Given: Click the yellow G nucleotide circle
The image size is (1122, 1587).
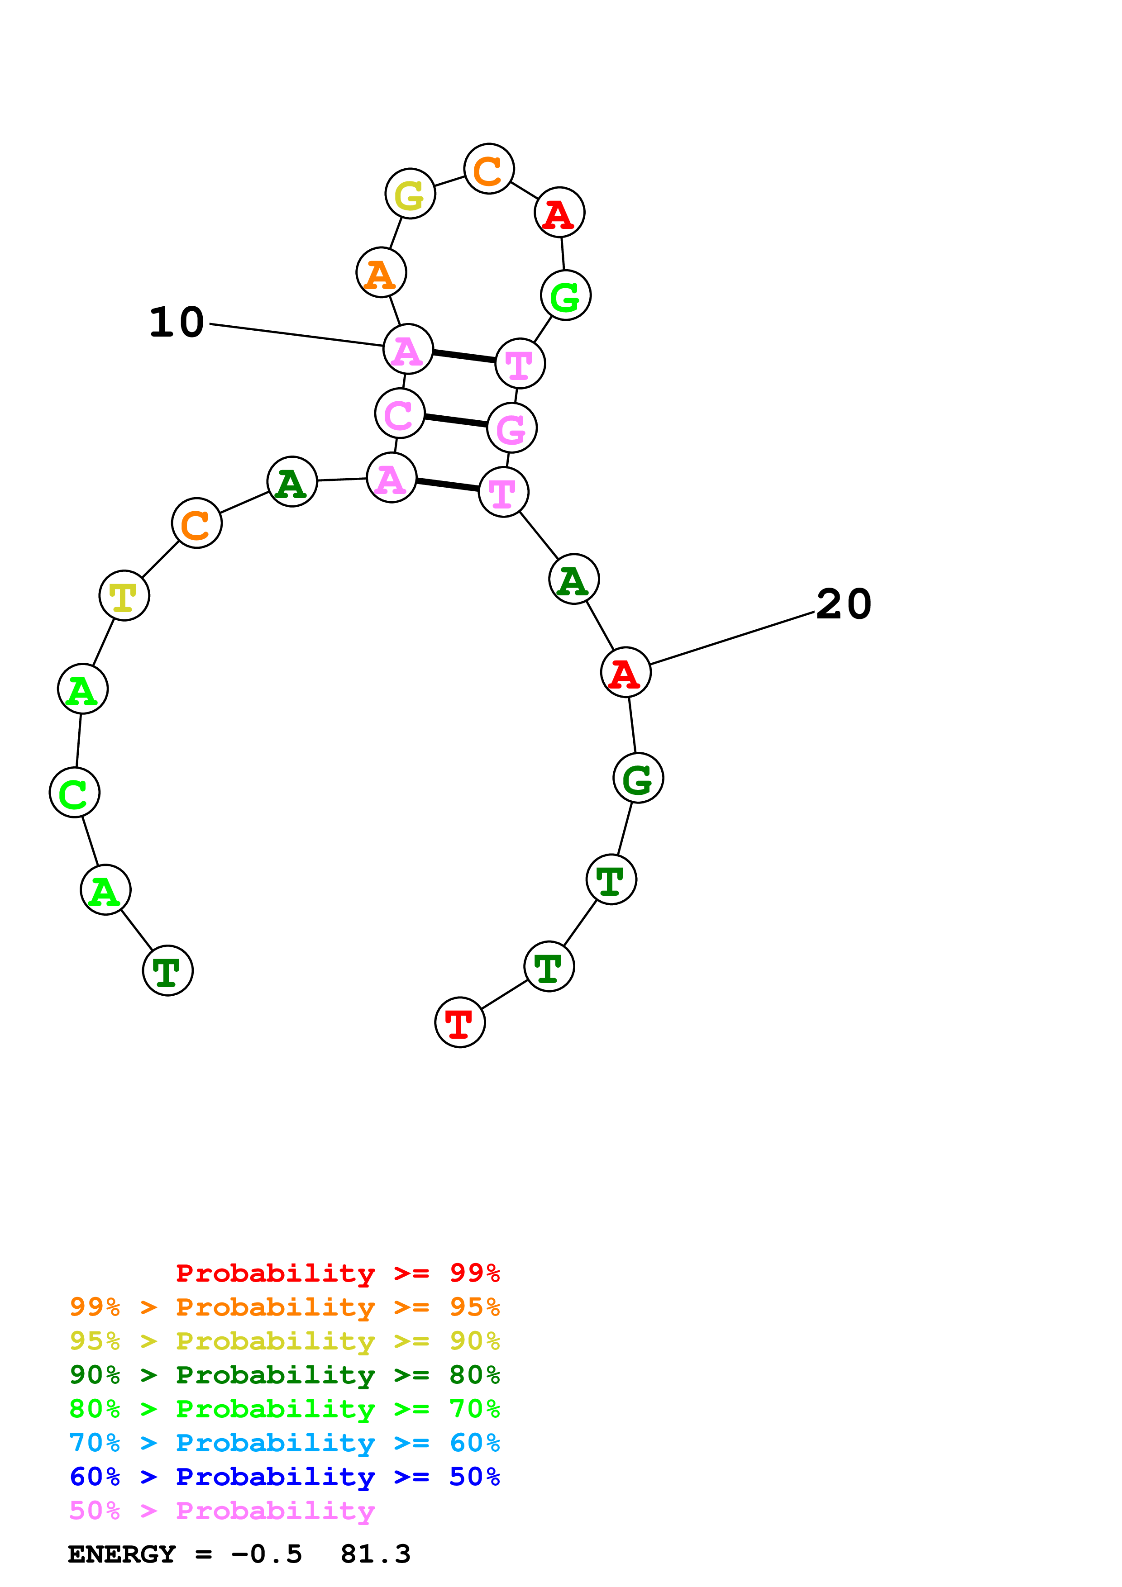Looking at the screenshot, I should [x=410, y=194].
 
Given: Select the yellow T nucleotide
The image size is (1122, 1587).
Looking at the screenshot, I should [x=124, y=595].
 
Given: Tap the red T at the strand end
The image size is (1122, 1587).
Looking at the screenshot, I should [x=460, y=1022].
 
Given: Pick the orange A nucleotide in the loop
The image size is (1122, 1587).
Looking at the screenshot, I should [x=381, y=272].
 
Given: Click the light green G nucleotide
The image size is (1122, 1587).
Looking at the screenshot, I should [x=565, y=296].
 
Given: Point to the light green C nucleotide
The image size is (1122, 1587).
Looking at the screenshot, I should [x=75, y=792].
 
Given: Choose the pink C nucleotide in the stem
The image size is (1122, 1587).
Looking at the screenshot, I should [x=400, y=413].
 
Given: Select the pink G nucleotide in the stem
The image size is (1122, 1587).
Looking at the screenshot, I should [x=511, y=428].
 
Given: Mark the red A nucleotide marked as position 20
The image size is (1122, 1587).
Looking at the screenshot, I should [x=625, y=673].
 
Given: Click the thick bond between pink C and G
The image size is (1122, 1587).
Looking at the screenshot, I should [x=456, y=420].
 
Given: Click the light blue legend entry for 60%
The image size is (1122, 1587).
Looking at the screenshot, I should [x=284, y=1443].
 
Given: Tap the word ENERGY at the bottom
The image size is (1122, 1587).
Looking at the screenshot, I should [x=122, y=1554].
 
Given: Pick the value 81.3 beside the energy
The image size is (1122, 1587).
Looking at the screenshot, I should [x=375, y=1554].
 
